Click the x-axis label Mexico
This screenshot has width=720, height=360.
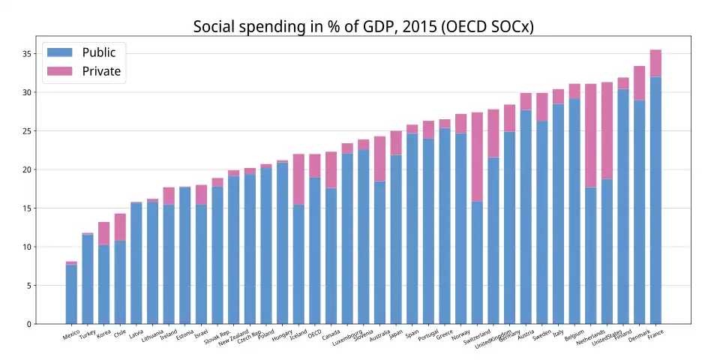(71, 334)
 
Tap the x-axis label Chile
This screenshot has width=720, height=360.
(120, 334)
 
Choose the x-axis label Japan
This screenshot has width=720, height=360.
(396, 334)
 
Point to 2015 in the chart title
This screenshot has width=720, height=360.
(406, 27)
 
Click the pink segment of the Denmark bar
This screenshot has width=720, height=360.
(640, 82)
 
